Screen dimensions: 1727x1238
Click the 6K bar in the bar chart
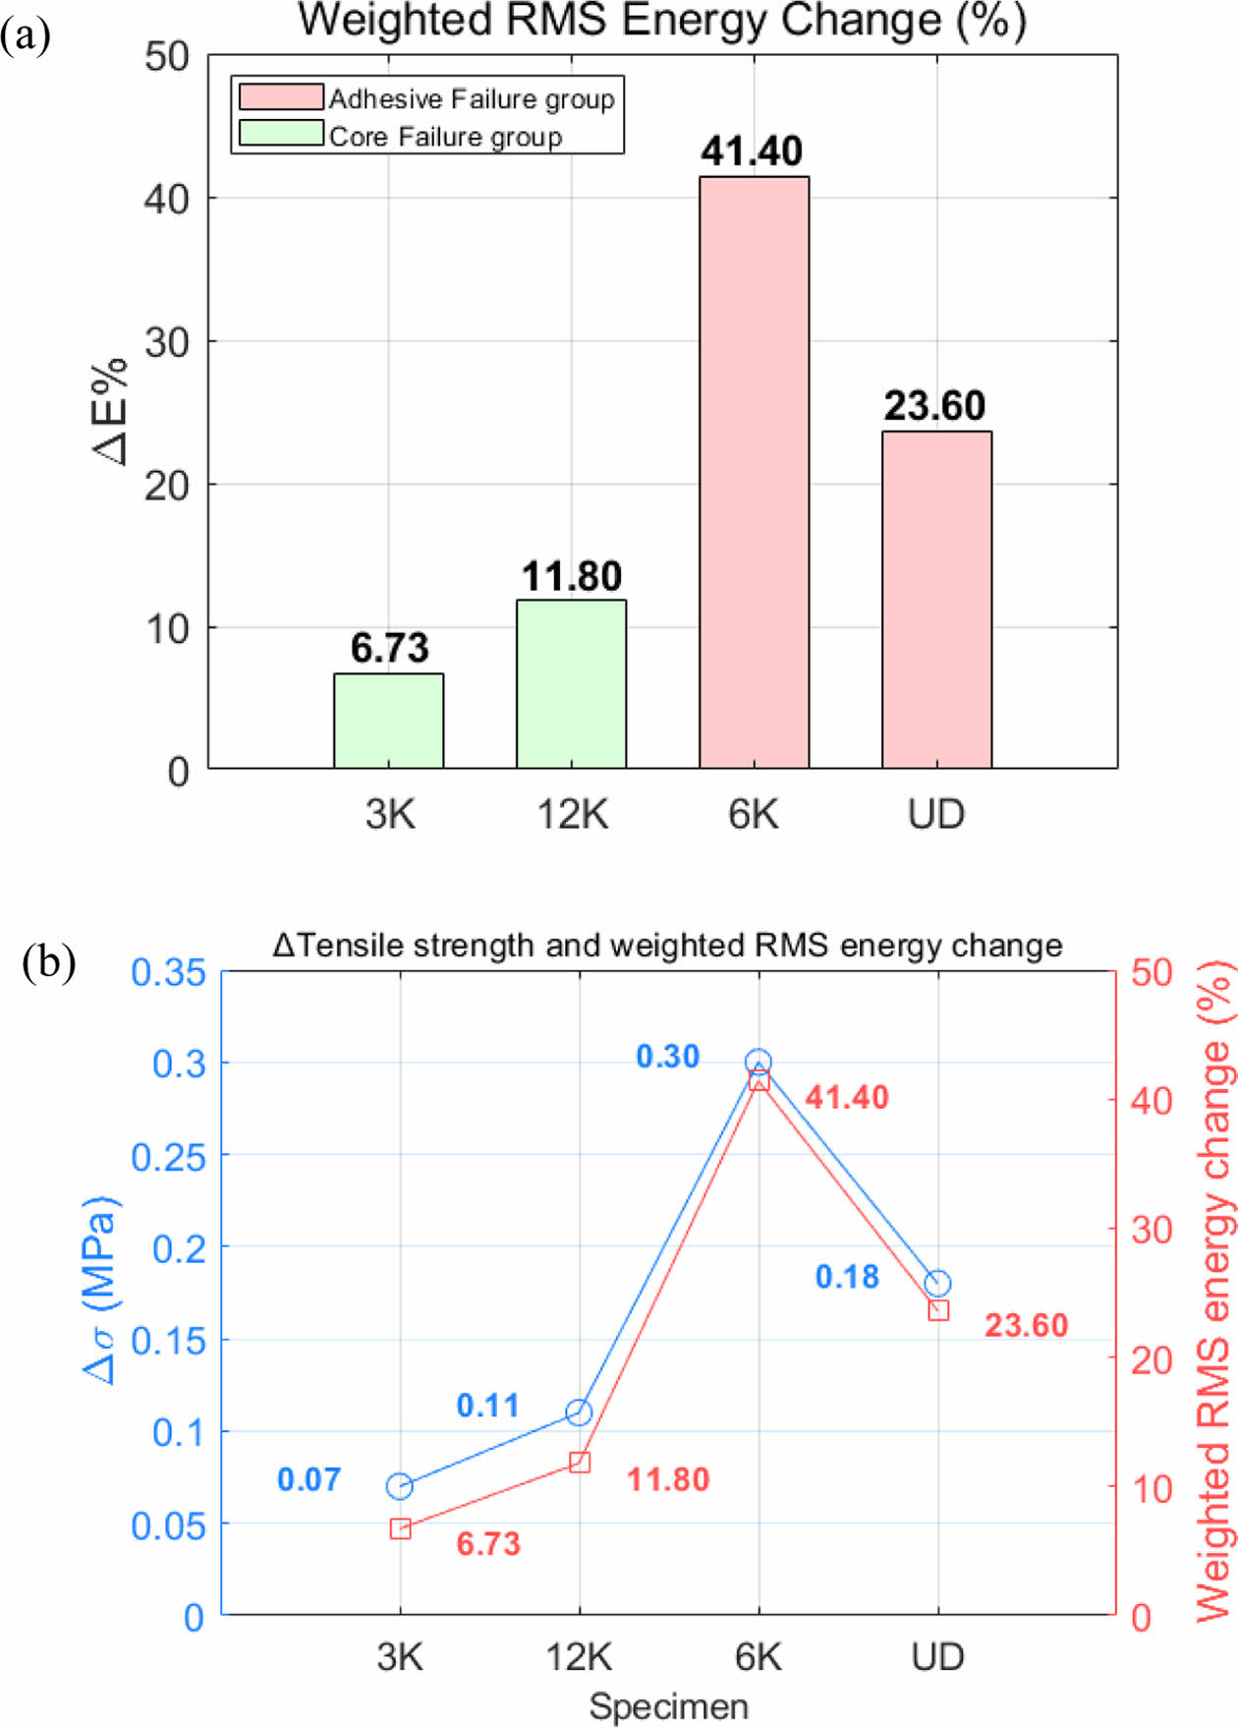click(x=754, y=472)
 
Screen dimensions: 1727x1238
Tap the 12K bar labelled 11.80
click(x=571, y=684)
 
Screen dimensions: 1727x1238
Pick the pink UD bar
click(x=936, y=600)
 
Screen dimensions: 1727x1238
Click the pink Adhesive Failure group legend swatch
click(x=281, y=97)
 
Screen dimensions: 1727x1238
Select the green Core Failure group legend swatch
click(x=281, y=134)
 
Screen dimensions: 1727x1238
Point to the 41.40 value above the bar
click(x=752, y=151)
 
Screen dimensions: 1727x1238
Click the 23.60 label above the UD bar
click(x=934, y=406)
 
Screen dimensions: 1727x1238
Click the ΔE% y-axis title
click(x=111, y=411)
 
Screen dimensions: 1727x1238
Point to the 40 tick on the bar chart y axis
click(x=166, y=200)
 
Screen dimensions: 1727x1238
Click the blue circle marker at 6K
click(x=758, y=1062)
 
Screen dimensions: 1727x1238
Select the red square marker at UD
click(x=938, y=1310)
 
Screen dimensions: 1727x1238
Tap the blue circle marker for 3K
click(x=399, y=1486)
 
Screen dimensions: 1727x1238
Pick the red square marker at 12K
click(x=580, y=1463)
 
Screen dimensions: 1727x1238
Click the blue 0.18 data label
click(x=847, y=1277)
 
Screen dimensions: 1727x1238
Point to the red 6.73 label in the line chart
click(x=488, y=1543)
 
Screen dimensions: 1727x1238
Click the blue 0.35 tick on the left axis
click(x=169, y=972)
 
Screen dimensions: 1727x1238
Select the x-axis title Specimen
click(x=668, y=1706)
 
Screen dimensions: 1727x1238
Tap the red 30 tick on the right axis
click(x=1152, y=1230)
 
